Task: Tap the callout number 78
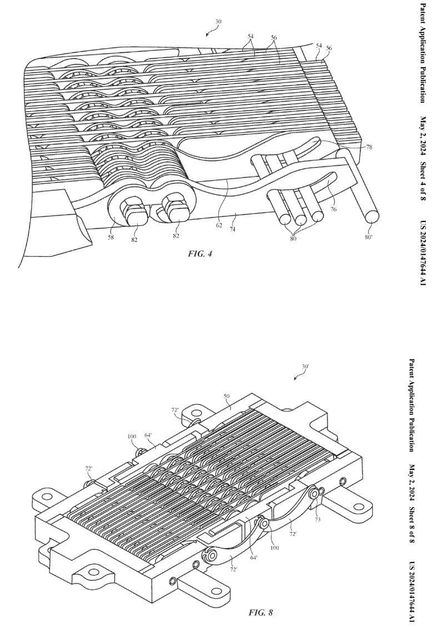pyautogui.click(x=369, y=148)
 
